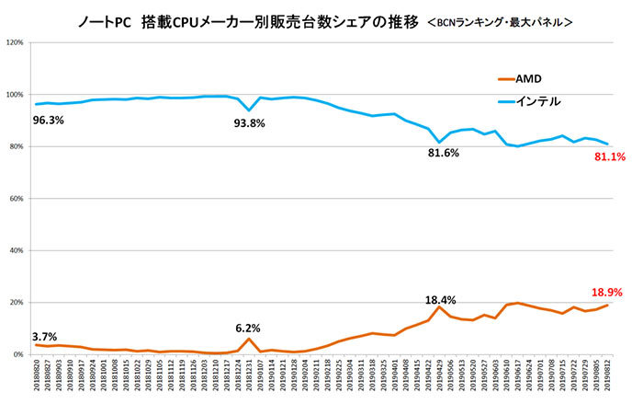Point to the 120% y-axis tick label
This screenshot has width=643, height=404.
click(16, 42)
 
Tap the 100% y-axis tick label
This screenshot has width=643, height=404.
click(16, 95)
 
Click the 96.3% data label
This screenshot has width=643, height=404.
click(49, 119)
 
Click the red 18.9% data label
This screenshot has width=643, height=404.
click(607, 292)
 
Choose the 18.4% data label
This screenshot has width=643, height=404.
click(440, 300)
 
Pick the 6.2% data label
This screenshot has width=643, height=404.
click(249, 327)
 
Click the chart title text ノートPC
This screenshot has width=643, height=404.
click(106, 18)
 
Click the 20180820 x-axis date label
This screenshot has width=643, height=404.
click(36, 379)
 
